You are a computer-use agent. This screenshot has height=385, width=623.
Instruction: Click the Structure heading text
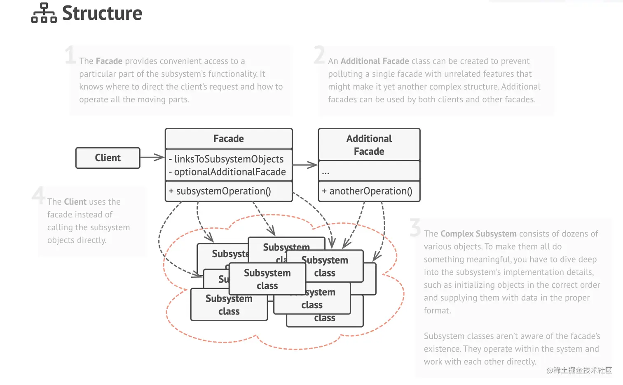point(102,13)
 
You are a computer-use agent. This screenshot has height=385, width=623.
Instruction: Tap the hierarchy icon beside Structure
point(44,13)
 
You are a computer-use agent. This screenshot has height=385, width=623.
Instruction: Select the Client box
point(108,158)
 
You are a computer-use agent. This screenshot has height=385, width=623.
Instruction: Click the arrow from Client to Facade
point(152,157)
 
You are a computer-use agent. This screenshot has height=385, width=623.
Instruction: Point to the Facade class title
point(228,139)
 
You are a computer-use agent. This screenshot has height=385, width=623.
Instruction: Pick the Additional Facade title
point(369,145)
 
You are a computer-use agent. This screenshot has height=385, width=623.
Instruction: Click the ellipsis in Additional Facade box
point(326,172)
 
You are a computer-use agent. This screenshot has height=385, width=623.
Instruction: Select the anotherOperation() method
point(367,191)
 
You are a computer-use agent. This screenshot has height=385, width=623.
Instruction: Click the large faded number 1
point(70,55)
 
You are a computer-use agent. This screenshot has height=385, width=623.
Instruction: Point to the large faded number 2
point(319,55)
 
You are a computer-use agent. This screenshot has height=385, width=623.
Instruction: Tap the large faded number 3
point(415,227)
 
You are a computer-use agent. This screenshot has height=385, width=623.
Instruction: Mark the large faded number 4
point(39,195)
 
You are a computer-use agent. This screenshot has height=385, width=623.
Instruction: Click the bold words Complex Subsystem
point(478,234)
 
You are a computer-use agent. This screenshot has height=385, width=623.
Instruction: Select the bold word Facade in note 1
point(109,61)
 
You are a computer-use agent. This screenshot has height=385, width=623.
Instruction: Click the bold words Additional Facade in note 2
point(375,61)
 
